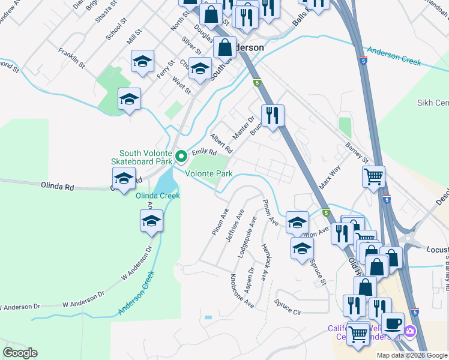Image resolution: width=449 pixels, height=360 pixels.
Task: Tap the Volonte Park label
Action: pos(208,174)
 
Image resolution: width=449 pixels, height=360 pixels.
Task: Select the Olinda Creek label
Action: pos(158,196)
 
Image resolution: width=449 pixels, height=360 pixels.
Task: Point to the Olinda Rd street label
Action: pos(57,187)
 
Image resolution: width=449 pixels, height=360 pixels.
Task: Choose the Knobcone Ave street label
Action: pos(242,291)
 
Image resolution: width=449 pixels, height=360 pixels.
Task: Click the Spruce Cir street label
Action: pos(288,307)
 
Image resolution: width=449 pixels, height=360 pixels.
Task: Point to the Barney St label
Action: pos(356,152)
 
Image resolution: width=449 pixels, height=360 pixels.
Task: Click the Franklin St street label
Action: pos(71,55)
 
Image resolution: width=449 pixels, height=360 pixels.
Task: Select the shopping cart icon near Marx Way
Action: pos(373,176)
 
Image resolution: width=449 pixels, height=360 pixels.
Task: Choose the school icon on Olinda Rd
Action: pos(124,179)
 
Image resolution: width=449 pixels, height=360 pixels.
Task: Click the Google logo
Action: pos(20,353)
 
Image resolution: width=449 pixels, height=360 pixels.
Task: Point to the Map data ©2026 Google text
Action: pos(412,355)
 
